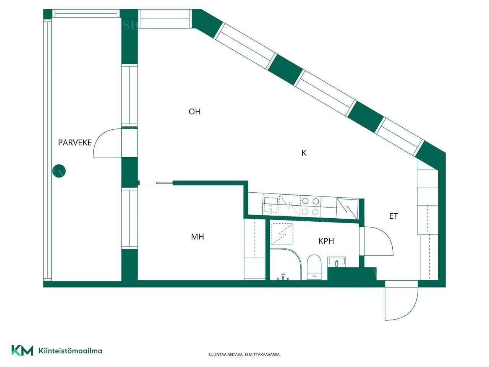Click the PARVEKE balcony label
pyautogui.click(x=75, y=143)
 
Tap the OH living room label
pyautogui.click(x=194, y=112)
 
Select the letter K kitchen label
pyautogui.click(x=304, y=153)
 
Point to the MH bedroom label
pyautogui.click(x=198, y=237)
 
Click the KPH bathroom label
pyautogui.click(x=326, y=241)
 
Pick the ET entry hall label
pyautogui.click(x=393, y=216)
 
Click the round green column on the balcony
pyautogui.click(x=59, y=171)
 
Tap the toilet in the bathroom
pyautogui.click(x=314, y=267)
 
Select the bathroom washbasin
pyautogui.click(x=337, y=262)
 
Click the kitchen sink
pyautogui.click(x=270, y=206)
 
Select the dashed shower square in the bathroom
pyautogui.click(x=282, y=234)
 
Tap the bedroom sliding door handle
pyautogui.click(x=164, y=183)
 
